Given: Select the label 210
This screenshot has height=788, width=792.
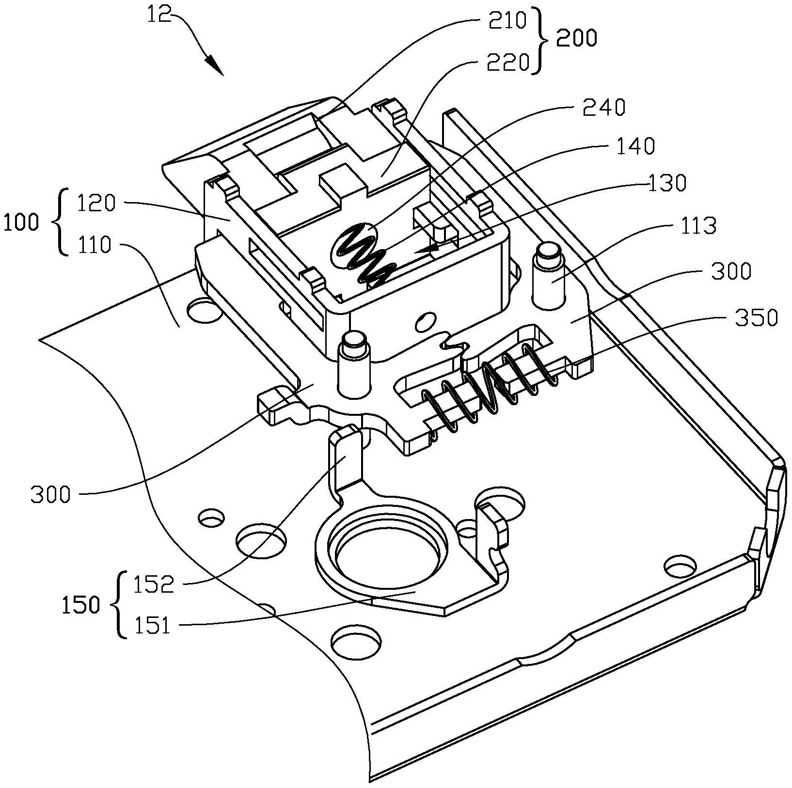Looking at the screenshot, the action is coord(507,21).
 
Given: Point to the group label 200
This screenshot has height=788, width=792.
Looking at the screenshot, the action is coord(576,38).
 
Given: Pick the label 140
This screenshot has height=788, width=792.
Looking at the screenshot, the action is coord(635,145).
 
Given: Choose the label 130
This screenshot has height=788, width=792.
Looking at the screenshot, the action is coord(667,183).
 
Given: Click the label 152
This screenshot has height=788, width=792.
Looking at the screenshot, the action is coord(154,585).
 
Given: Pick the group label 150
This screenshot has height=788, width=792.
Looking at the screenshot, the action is coord(81,605).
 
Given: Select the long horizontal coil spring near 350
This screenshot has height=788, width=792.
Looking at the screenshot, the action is coord(490,387).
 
